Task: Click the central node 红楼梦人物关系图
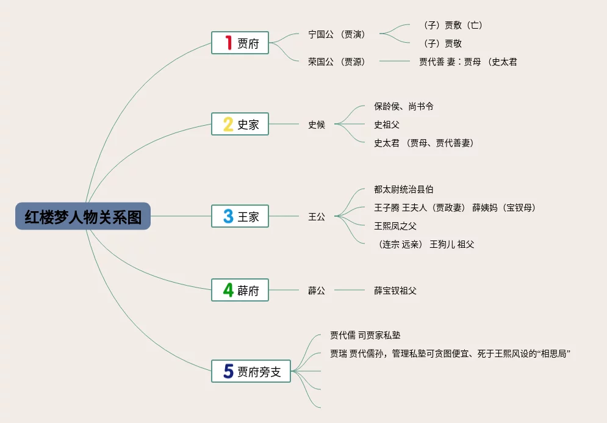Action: click(x=83, y=217)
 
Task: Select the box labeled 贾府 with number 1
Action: click(x=240, y=43)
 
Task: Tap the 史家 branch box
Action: click(x=240, y=124)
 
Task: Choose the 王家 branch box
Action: click(x=240, y=216)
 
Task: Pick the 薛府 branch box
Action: click(x=240, y=290)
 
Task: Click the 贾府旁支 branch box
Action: click(x=251, y=371)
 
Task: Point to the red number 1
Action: click(x=229, y=43)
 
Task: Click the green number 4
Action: click(x=228, y=290)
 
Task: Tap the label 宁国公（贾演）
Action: click(x=337, y=34)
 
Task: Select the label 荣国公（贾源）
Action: click(x=337, y=62)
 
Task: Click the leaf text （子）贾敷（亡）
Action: click(x=452, y=25)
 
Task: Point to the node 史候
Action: click(x=317, y=125)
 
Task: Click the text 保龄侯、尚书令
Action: click(x=404, y=106)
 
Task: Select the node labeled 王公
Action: click(x=317, y=217)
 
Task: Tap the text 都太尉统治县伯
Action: click(x=404, y=190)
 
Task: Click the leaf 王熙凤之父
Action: click(x=395, y=226)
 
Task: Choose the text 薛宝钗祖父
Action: click(x=395, y=291)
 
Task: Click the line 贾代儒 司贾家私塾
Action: click(x=365, y=335)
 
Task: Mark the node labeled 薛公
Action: click(x=317, y=291)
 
